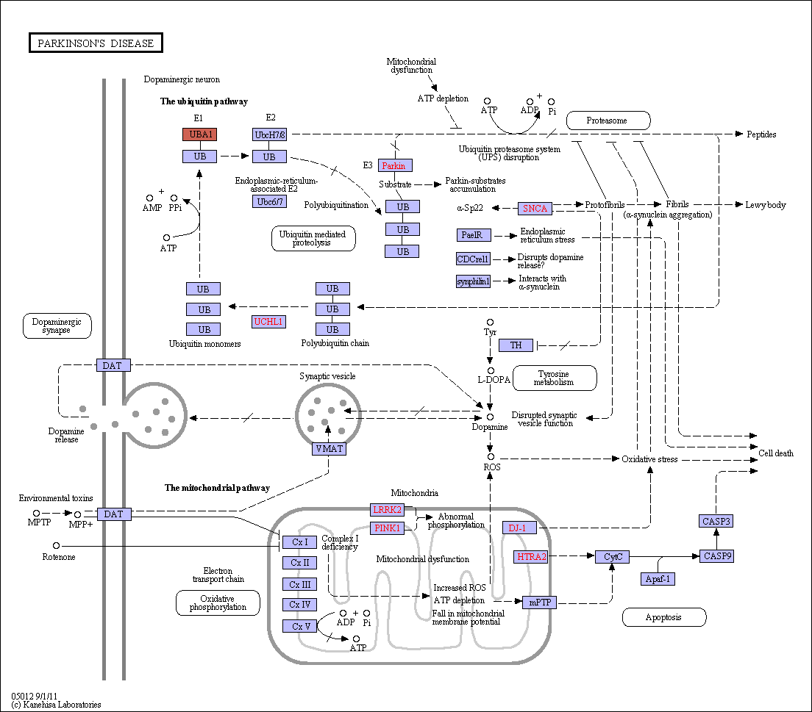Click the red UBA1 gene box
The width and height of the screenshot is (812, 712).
(199, 134)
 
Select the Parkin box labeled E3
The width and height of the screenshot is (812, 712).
(395, 165)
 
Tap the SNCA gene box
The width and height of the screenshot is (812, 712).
(535, 209)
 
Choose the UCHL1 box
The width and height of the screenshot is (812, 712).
(268, 322)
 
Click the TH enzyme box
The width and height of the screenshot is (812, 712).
(516, 345)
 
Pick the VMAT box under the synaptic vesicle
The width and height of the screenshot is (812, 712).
(330, 449)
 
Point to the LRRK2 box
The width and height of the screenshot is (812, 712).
(388, 510)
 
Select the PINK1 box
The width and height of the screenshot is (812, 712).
(388, 528)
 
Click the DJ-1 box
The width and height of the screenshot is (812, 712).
(519, 528)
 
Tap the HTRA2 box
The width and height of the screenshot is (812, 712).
(532, 557)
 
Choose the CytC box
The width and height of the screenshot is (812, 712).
(613, 557)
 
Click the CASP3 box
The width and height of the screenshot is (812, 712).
(716, 521)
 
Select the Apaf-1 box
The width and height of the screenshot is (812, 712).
(658, 579)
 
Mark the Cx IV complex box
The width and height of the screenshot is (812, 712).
(300, 605)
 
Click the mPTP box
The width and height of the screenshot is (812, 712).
(540, 603)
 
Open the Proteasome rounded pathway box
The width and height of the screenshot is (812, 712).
(608, 121)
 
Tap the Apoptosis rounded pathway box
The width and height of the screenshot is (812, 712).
(664, 617)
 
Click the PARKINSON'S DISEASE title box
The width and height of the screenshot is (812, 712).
(96, 43)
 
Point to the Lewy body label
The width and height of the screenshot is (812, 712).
(766, 205)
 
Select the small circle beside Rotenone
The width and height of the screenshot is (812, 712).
(57, 545)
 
